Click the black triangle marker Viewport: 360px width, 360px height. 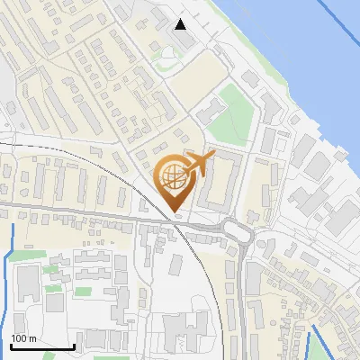[181, 23]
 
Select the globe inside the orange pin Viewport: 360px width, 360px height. [174, 177]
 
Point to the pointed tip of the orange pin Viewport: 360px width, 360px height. [175, 211]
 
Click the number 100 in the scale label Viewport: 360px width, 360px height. [19, 338]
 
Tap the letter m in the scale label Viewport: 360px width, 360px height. [32, 338]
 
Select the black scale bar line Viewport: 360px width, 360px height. [41, 346]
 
